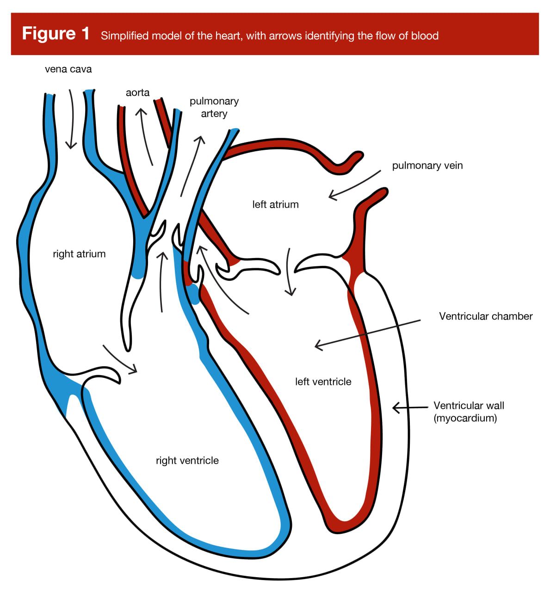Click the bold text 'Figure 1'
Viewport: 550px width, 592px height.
point(56,34)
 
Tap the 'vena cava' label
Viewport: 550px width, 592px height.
point(68,69)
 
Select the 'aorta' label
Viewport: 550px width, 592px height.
point(137,92)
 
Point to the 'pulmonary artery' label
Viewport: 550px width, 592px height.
point(214,107)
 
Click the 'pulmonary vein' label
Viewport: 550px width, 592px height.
point(427,166)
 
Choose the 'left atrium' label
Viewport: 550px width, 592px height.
point(276,204)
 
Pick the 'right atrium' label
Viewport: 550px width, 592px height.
point(80,254)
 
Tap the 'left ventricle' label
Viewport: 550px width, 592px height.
point(323,382)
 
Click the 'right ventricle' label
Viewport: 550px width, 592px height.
point(187,461)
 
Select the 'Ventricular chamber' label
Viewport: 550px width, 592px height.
point(486,316)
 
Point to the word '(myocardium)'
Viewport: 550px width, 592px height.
point(465,418)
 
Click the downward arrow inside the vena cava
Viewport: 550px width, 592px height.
point(72,119)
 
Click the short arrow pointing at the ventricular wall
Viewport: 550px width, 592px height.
point(410,408)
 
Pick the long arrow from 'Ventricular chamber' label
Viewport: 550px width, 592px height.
point(367,334)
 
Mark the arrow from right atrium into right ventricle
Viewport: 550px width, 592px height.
point(119,360)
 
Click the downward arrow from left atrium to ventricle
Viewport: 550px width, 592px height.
point(289,271)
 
